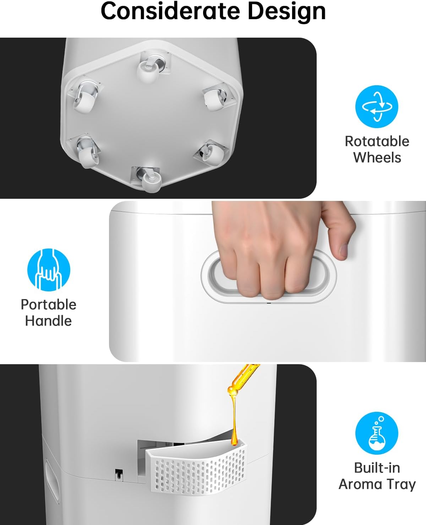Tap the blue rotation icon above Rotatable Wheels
pos(377,106)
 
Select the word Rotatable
pos(377,141)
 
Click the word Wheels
pos(377,157)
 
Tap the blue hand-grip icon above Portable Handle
pos(49,270)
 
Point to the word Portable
pos(49,305)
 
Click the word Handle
pos(49,321)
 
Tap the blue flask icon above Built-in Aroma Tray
pos(377,433)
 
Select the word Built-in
pos(377,468)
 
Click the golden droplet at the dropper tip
pos(234,440)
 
